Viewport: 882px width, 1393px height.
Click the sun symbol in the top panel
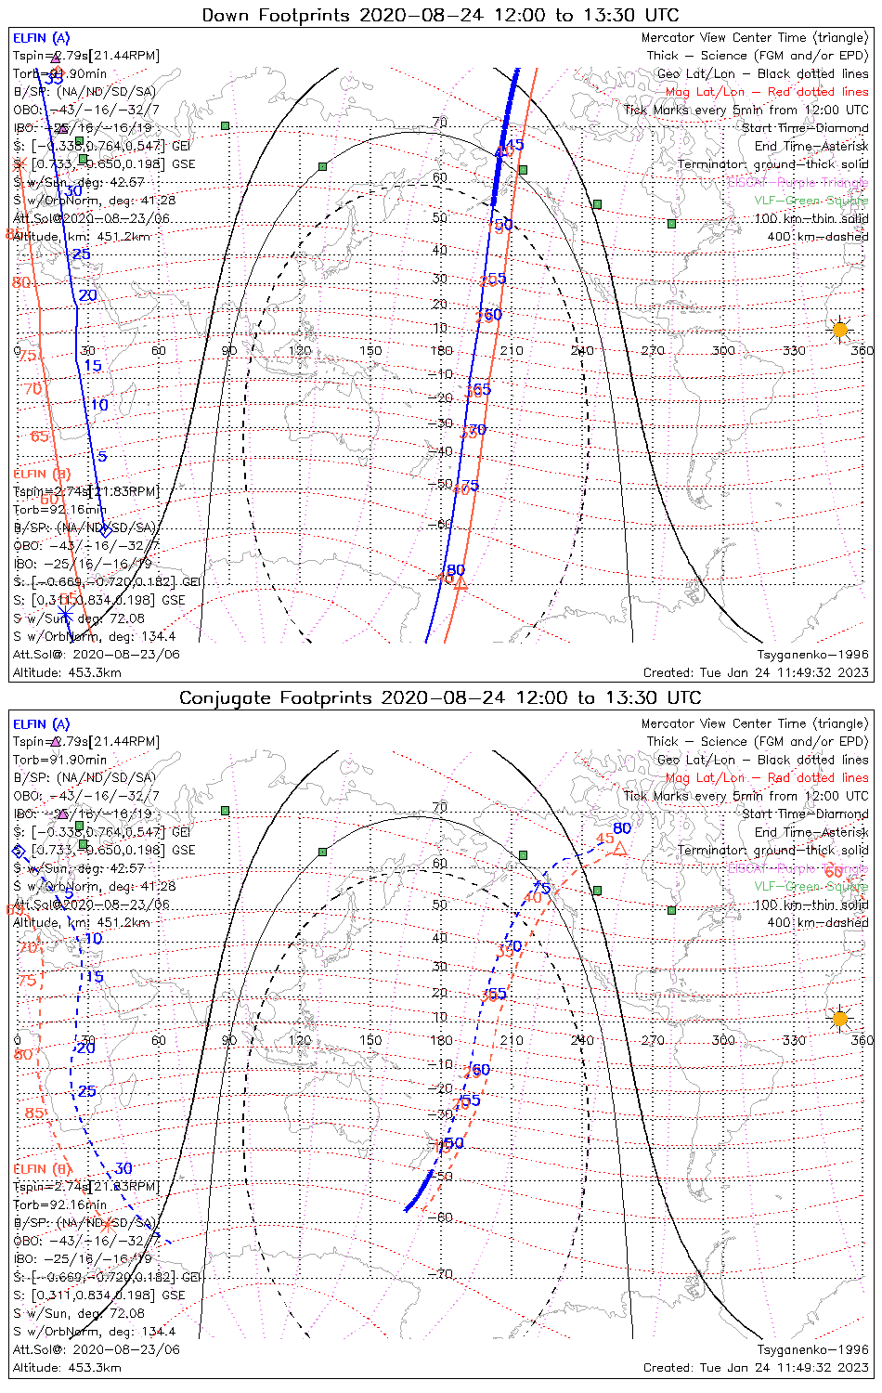(840, 330)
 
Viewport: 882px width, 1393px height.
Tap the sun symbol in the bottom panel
(840, 1019)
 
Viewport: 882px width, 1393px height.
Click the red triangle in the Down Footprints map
(459, 583)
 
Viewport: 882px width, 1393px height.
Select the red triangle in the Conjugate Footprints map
(620, 849)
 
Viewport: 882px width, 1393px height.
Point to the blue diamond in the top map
(105, 530)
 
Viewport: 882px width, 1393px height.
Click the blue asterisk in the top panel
(66, 616)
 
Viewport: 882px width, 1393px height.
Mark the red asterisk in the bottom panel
(107, 1225)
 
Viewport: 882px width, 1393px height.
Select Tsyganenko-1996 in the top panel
(812, 655)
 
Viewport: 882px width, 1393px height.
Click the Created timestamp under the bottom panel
(756, 1368)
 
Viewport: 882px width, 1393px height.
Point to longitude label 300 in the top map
(723, 350)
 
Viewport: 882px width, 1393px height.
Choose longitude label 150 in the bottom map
(370, 1040)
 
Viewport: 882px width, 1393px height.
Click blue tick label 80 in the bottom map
(621, 828)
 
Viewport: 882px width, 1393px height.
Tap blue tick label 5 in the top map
(102, 456)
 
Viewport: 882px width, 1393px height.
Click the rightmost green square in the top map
(671, 223)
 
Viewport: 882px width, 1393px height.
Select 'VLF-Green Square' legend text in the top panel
(811, 201)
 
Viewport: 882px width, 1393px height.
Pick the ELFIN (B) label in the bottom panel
(42, 1168)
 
